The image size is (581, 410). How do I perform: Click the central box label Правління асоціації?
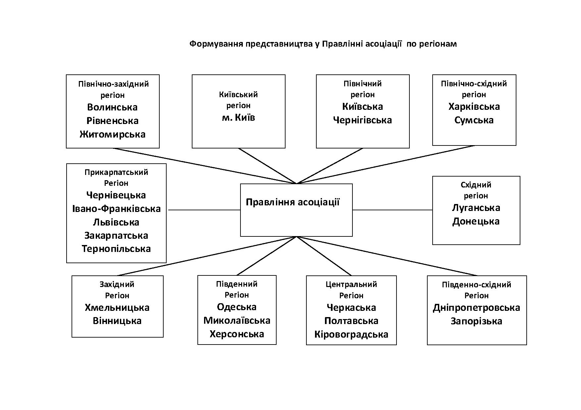(x=292, y=202)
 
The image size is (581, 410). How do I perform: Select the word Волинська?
(x=112, y=107)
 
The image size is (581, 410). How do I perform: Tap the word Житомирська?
(x=112, y=134)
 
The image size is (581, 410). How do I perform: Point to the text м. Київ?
(x=238, y=117)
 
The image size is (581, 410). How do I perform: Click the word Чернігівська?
(x=362, y=120)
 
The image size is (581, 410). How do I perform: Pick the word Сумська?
(x=474, y=120)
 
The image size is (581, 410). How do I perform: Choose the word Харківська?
(x=474, y=106)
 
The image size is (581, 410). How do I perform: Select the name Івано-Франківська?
(x=116, y=209)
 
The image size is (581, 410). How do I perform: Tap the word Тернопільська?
(x=116, y=249)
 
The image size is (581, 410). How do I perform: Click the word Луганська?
(x=476, y=208)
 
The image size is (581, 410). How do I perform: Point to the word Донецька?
(x=476, y=221)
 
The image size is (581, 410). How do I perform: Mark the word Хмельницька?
(x=117, y=307)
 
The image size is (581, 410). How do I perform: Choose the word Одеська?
(x=237, y=307)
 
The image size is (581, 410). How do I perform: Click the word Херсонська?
(x=237, y=334)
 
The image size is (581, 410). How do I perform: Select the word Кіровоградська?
(x=351, y=334)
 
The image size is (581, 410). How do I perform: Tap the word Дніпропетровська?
(x=476, y=307)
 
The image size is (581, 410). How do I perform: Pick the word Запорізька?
(x=476, y=321)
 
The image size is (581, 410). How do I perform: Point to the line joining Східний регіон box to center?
(x=393, y=210)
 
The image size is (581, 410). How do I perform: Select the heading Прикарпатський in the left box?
(x=116, y=172)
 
